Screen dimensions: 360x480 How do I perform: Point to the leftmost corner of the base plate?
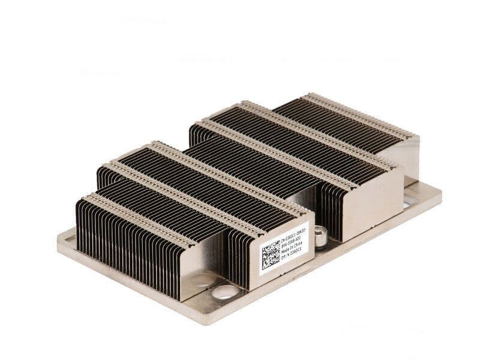point(59,237)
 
